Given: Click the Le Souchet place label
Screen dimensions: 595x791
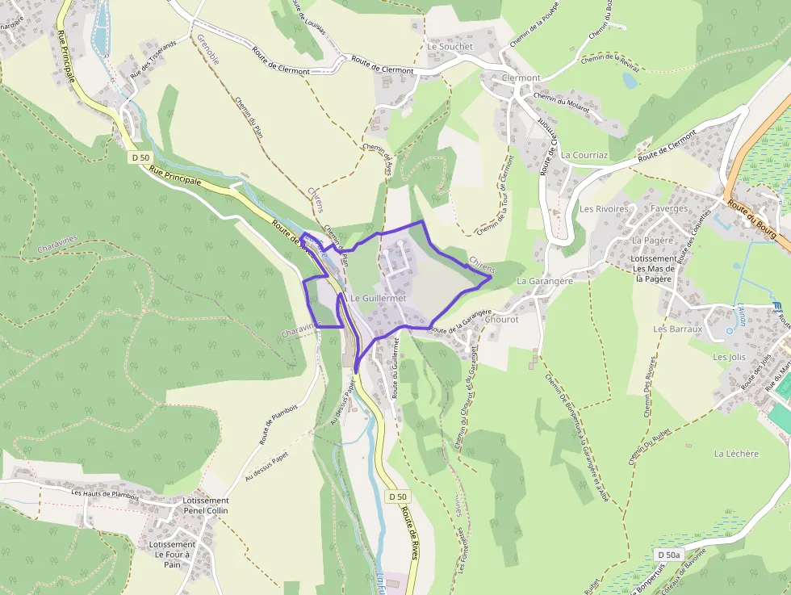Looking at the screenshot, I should [x=450, y=47].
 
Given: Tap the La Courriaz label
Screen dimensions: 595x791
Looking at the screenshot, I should [x=584, y=154].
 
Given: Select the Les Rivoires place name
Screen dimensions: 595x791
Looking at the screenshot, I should [x=604, y=209].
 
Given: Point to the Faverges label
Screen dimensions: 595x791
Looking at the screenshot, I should [x=669, y=208].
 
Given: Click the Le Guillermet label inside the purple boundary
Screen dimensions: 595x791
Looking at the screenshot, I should [x=378, y=299].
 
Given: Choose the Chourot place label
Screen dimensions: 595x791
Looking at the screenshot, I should [x=502, y=319].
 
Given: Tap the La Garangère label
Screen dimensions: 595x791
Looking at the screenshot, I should [x=544, y=281].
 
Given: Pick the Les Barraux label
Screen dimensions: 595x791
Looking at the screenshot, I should [x=678, y=329].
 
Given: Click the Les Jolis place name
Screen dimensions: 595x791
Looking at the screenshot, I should [x=729, y=356].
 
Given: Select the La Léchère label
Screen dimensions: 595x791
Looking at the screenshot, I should [x=736, y=454].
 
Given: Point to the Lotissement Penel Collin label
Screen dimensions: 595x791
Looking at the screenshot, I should [x=206, y=505].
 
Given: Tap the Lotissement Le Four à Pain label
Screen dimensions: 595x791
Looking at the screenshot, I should [x=172, y=554].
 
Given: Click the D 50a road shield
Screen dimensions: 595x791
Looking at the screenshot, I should [x=669, y=555].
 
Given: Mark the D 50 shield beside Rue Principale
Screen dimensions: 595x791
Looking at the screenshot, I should [x=140, y=157].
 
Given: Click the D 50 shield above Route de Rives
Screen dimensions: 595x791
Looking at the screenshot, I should [x=396, y=496].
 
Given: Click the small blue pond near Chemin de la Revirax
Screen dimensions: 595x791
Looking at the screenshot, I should [x=630, y=81].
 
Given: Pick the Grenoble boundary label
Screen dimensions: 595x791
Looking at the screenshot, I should [x=208, y=49].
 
